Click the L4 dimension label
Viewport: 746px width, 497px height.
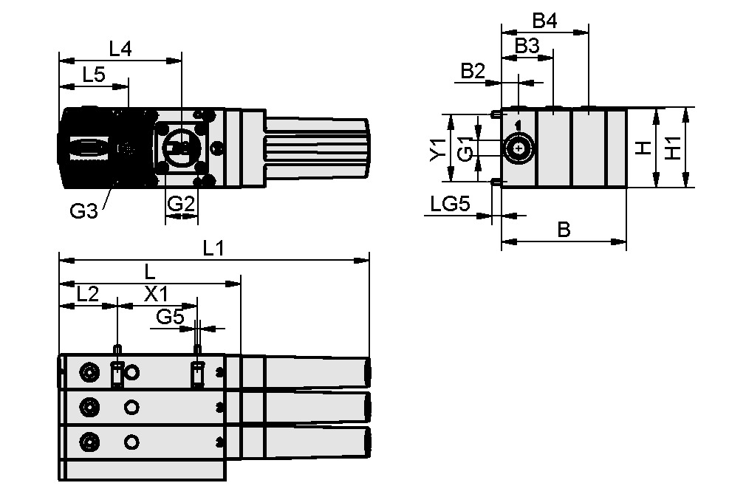coord(120,49)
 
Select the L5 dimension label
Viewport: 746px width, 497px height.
coord(93,74)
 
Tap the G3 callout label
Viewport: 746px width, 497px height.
coord(83,212)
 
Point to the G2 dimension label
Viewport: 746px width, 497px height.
coord(181,204)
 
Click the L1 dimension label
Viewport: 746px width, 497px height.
coord(213,249)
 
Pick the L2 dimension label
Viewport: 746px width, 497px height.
coord(88,293)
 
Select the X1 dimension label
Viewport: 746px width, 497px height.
coord(156,293)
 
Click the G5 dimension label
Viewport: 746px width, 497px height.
coord(170,317)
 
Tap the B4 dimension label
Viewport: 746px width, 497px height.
coord(544,21)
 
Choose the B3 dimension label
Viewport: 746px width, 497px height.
coord(527,46)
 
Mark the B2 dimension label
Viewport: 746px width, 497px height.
coord(473,71)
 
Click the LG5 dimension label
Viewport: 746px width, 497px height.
coord(451,204)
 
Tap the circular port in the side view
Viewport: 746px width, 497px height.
coord(519,148)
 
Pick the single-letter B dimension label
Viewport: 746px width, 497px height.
coord(564,230)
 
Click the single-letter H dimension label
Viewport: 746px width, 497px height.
coord(644,149)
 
